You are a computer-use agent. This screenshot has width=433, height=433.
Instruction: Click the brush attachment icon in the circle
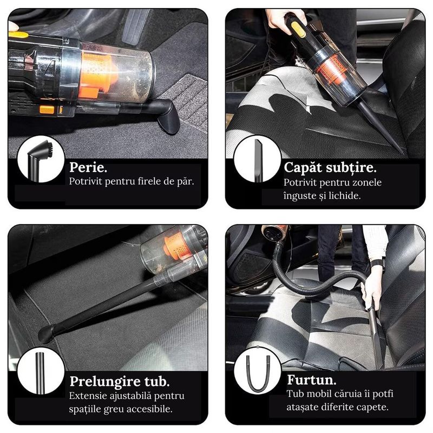41,159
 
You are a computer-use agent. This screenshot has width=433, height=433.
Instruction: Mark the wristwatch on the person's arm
378,265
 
